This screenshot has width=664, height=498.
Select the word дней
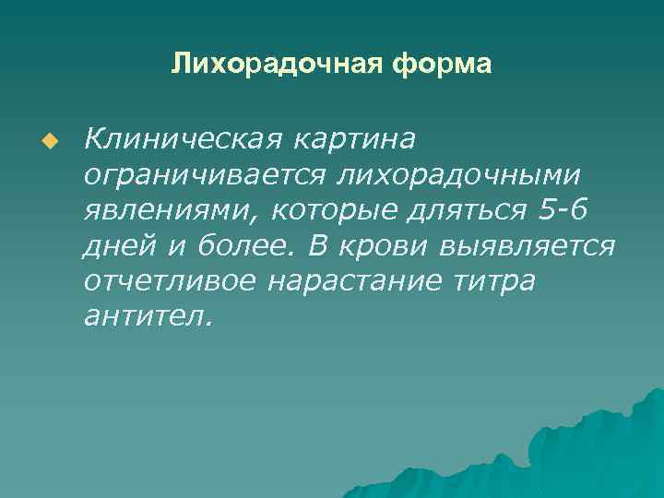tap(117, 246)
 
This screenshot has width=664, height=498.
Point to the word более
tap(235, 246)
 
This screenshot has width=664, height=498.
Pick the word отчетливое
tap(170, 281)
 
